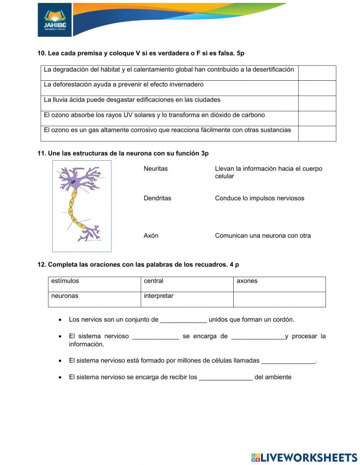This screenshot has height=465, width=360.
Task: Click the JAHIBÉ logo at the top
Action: tap(55, 20)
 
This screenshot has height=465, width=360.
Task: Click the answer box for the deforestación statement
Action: tap(317, 88)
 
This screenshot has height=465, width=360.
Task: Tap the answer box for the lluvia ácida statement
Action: tap(317, 103)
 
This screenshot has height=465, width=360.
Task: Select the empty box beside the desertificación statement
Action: tap(317, 73)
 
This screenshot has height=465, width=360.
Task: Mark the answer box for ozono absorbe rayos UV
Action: tap(317, 119)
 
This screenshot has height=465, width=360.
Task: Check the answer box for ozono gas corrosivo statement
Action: tap(317, 134)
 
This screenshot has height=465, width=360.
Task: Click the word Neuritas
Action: tap(156, 169)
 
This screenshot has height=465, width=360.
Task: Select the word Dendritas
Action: tap(157, 198)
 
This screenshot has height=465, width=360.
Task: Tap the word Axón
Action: tap(151, 236)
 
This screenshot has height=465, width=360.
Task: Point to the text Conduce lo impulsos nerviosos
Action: tap(259, 198)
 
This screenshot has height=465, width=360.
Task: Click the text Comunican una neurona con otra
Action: tap(263, 236)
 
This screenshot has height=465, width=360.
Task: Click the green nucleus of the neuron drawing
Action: tap(73, 182)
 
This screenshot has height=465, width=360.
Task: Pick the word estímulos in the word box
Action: tap(65, 281)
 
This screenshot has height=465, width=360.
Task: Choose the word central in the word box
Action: tap(153, 281)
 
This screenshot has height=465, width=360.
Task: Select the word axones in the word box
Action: tap(247, 281)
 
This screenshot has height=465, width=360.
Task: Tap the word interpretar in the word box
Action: tap(158, 296)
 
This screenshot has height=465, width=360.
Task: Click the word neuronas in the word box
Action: tap(64, 296)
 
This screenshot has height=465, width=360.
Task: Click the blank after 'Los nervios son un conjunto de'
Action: tap(183, 320)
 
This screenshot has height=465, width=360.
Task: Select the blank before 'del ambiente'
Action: tap(226, 377)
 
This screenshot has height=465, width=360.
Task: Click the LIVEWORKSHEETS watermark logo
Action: tap(304, 457)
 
